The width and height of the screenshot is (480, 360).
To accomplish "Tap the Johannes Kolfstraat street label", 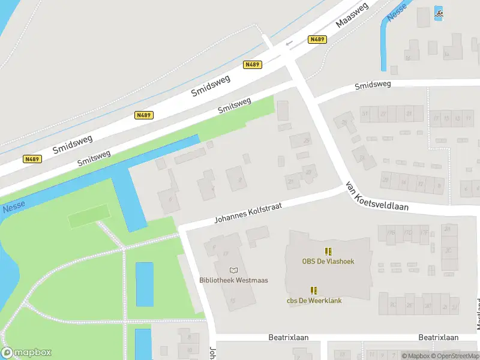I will click(x=257, y=211).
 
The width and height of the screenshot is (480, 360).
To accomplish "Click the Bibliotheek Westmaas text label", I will click(x=233, y=280).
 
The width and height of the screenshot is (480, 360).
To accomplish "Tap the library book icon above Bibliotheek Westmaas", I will click(x=233, y=271).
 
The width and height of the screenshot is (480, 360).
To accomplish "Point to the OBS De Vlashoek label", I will click(x=328, y=261).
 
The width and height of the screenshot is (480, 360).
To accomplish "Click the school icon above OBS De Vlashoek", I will click(x=328, y=251).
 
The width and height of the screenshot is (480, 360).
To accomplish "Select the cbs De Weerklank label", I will click(x=314, y=300).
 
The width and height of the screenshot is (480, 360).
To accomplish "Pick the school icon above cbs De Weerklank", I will click(x=314, y=290).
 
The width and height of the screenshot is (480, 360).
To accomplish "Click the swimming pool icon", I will click(x=439, y=13).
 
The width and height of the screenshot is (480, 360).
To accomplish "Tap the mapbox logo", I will click(x=26, y=353).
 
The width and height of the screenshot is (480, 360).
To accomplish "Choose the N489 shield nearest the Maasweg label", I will click(x=317, y=39).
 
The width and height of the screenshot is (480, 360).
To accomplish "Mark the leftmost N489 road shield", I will click(x=32, y=159).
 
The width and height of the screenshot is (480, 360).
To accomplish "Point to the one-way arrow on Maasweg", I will click(x=290, y=43).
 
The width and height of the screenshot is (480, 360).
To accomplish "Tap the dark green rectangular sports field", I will click(x=89, y=216).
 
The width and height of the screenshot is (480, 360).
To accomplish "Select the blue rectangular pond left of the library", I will click(x=144, y=284).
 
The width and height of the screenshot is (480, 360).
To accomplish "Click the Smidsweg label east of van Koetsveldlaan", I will click(x=373, y=85).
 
